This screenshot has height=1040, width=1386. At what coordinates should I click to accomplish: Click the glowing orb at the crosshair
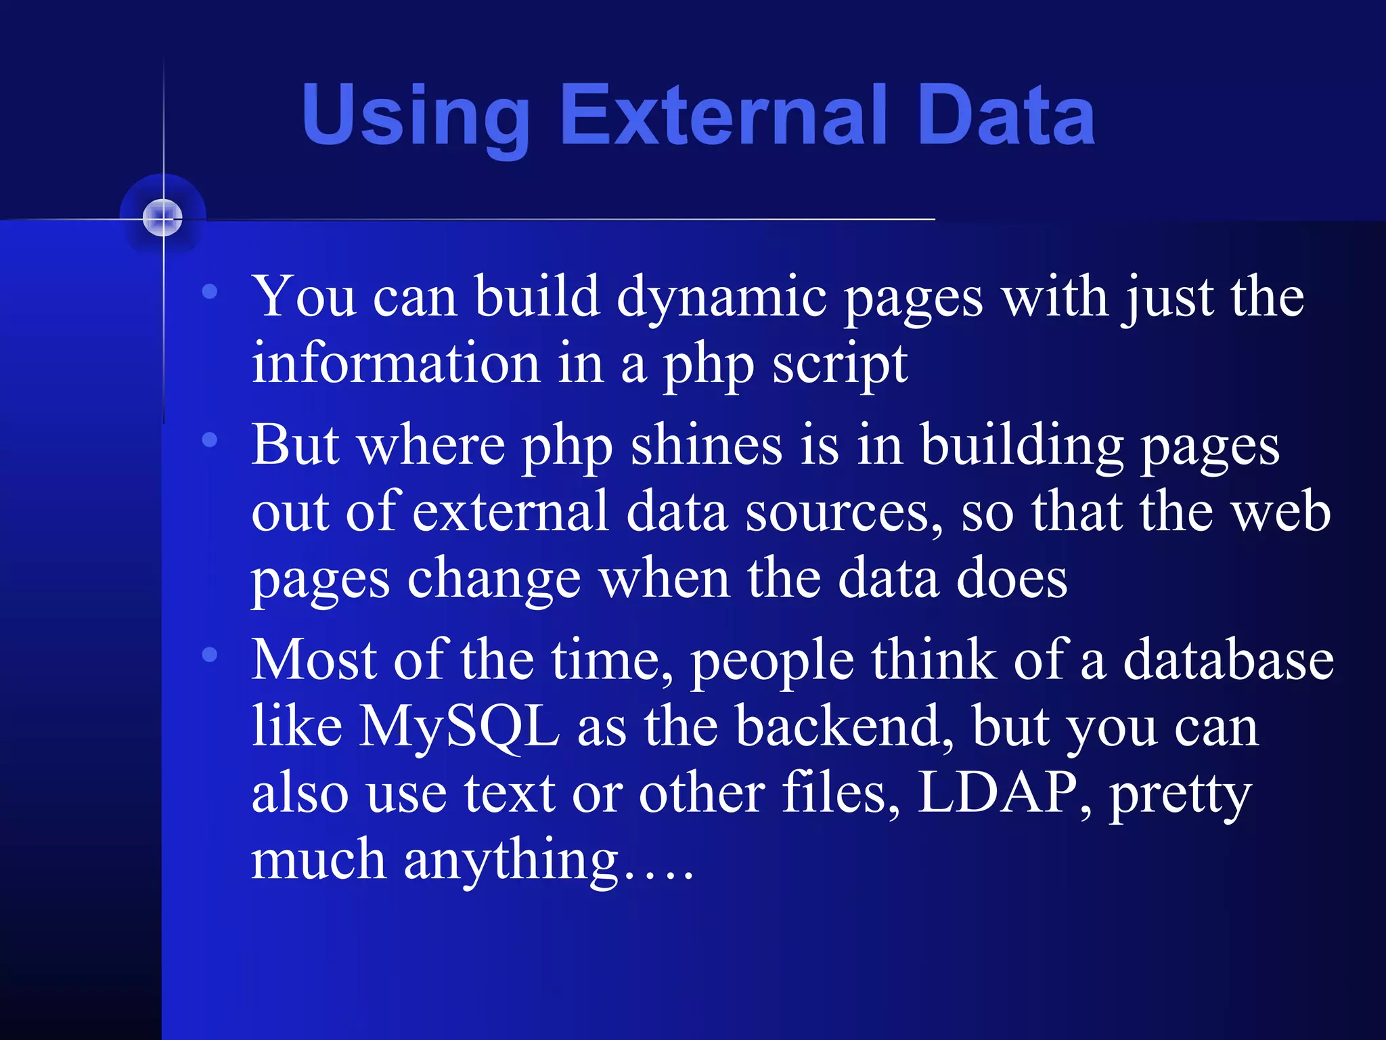(x=162, y=218)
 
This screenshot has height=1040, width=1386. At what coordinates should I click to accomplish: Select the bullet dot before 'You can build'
(x=210, y=292)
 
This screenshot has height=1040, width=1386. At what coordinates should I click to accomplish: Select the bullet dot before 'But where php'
(x=210, y=440)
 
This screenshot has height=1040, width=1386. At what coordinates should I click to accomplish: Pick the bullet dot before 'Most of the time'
(x=210, y=654)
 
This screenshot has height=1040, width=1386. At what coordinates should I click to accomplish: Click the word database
(x=1228, y=660)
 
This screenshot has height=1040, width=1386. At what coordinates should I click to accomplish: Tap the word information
(x=395, y=364)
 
